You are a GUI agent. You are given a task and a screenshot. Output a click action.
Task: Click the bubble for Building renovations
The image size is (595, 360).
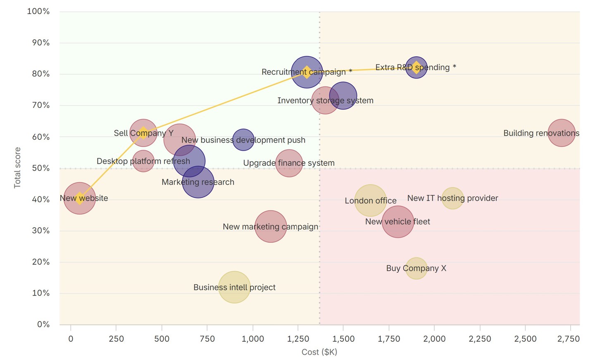tap(562, 133)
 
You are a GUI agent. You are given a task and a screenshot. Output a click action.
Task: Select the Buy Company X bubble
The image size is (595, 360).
tap(416, 268)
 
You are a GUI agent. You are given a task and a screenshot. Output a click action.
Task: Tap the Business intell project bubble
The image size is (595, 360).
tap(234, 287)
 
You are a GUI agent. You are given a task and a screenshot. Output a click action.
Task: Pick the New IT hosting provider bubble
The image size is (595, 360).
tap(452, 198)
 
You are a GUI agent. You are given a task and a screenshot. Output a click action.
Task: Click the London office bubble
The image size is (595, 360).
tap(370, 200)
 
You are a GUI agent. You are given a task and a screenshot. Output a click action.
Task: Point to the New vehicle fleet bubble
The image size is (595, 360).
tap(397, 222)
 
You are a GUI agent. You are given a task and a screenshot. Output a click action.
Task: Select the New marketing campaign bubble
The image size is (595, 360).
tap(271, 226)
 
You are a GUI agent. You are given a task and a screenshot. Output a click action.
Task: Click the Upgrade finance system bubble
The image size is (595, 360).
tap(289, 163)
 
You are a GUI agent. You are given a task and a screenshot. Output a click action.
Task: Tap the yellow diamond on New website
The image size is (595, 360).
tap(80, 198)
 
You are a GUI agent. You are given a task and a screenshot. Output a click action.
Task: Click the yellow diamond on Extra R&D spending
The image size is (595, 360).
tap(416, 67)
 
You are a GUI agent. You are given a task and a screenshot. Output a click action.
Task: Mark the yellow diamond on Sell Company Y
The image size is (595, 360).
tap(143, 133)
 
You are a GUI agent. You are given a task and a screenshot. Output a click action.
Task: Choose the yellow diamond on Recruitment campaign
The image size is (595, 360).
tap(307, 72)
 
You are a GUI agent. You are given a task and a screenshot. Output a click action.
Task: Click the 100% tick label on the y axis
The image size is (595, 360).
tap(38, 12)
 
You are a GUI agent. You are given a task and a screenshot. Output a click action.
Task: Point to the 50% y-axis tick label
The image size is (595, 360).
tap(41, 168)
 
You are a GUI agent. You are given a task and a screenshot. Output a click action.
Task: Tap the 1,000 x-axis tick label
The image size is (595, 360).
tap(252, 339)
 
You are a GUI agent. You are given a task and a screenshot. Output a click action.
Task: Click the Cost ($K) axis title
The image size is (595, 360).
tap(319, 352)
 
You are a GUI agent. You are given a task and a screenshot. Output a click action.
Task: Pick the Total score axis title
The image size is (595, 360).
tap(17, 168)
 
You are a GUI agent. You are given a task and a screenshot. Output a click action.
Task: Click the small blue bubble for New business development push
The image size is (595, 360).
tap(243, 140)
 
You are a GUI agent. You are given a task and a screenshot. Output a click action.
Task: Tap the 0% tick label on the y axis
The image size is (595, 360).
tap(43, 324)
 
